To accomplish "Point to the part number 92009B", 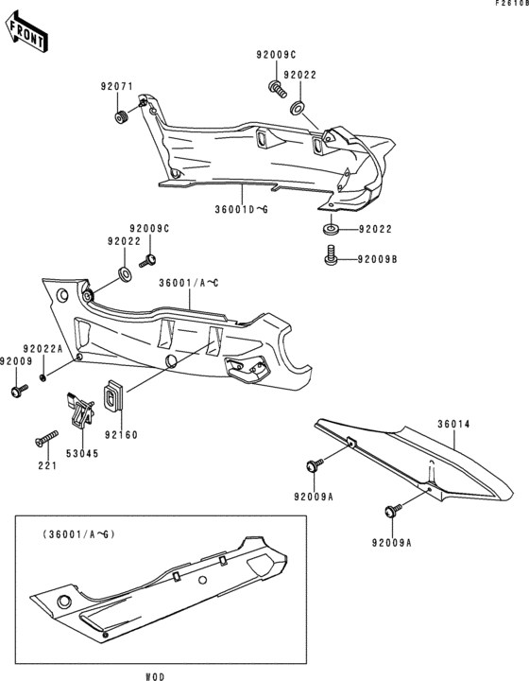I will (x=378, y=255).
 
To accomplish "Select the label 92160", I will (x=120, y=436).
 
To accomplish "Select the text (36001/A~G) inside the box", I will (x=77, y=534).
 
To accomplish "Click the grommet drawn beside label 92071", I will (x=121, y=117).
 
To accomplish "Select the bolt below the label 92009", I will (x=18, y=390).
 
